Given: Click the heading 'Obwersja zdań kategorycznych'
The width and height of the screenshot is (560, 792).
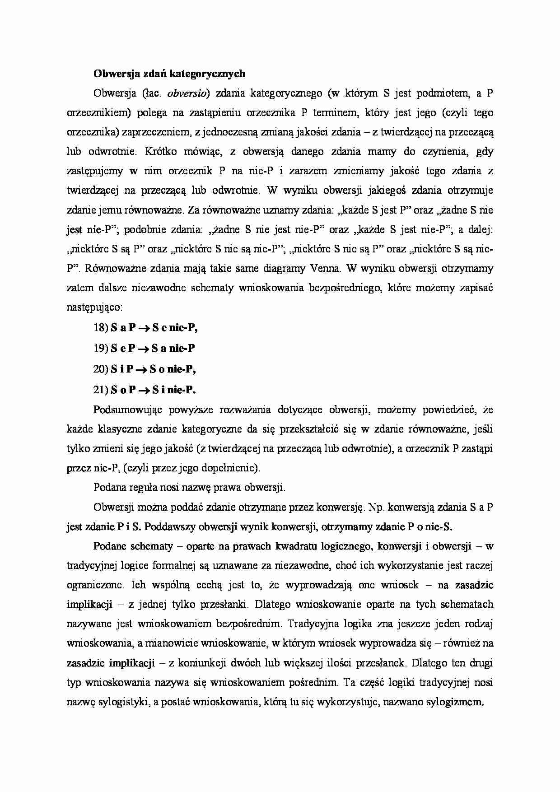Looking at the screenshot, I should pos(169,74).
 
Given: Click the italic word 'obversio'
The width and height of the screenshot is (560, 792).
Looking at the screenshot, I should pos(188,93).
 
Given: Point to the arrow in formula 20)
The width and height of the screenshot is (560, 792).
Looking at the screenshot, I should pos(142,369).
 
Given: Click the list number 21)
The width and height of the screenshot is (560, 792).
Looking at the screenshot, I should pos(101,390).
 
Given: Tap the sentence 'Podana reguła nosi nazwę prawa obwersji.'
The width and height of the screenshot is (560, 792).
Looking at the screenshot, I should pos(189,487).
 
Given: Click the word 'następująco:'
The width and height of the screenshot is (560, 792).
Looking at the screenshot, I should pos(94,307).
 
